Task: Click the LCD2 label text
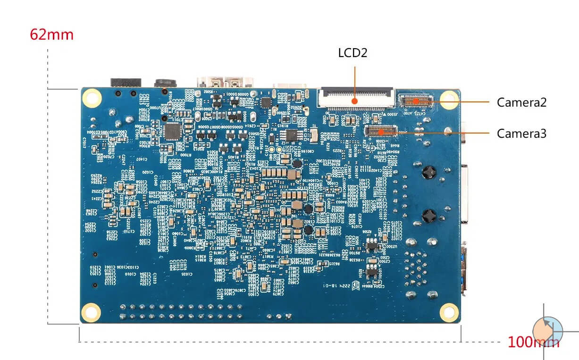352,52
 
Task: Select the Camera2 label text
521,102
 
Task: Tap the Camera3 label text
521,134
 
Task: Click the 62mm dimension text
51,35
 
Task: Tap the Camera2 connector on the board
416,100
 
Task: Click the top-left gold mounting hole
92,98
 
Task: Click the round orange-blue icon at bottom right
547,330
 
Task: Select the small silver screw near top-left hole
112,112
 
